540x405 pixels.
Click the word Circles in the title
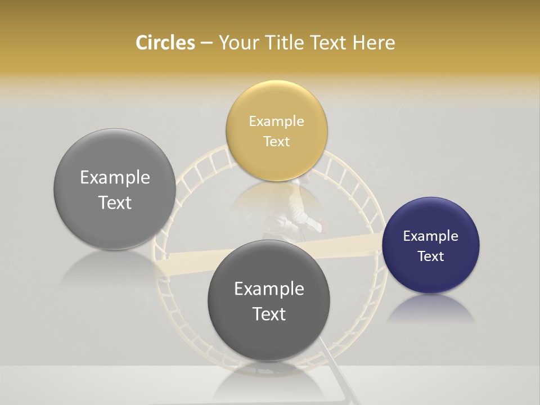(x=165, y=43)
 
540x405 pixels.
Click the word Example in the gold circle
(x=277, y=121)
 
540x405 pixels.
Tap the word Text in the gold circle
(x=277, y=141)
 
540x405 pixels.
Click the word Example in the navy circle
(x=431, y=236)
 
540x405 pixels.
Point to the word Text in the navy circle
(x=431, y=256)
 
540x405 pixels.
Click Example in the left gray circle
(x=115, y=178)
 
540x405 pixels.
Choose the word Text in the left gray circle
(x=115, y=202)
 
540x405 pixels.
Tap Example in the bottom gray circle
(x=269, y=289)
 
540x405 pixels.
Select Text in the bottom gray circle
(x=269, y=314)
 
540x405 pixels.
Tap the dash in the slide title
(x=206, y=43)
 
